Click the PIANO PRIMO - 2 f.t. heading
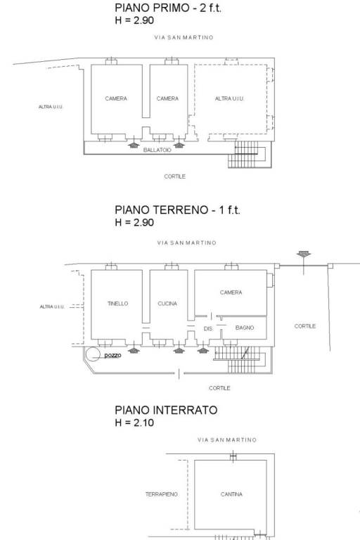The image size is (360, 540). [168, 8]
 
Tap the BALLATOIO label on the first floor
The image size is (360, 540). [157, 150]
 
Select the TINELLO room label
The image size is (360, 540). [118, 304]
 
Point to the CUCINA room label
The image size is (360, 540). [167, 304]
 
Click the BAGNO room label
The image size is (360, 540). [245, 328]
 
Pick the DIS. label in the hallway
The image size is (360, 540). [208, 329]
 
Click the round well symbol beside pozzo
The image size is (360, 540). [93, 354]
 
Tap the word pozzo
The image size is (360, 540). [113, 355]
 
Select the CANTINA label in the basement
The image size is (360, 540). [231, 494]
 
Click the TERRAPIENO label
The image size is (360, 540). [161, 494]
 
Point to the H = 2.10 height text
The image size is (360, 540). [134, 423]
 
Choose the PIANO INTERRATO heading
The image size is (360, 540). [166, 410]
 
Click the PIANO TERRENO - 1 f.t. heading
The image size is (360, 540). [177, 210]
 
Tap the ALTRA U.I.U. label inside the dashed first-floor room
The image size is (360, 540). [229, 98]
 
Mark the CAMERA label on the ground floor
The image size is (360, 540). [231, 292]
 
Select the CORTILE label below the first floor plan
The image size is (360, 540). [174, 176]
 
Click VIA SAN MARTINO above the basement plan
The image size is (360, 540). [227, 439]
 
